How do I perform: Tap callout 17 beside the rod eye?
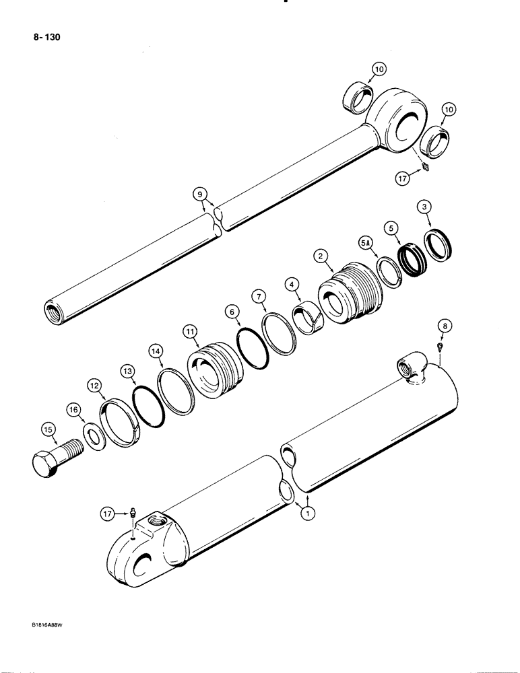[x=403, y=179]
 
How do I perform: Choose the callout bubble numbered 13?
[x=127, y=371]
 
